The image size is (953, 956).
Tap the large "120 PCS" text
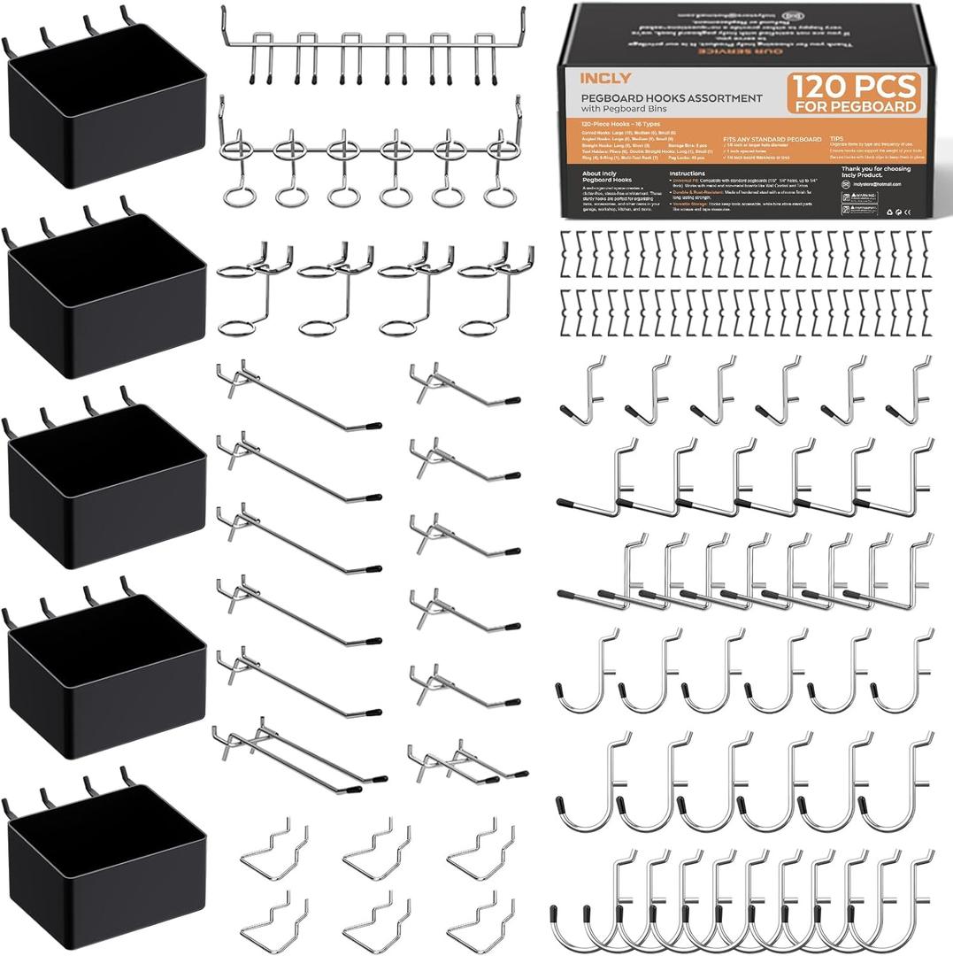854,87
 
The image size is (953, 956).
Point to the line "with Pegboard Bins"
625,109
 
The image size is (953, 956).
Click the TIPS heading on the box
837,139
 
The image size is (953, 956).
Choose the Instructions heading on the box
688,174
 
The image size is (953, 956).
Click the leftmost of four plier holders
255,288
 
